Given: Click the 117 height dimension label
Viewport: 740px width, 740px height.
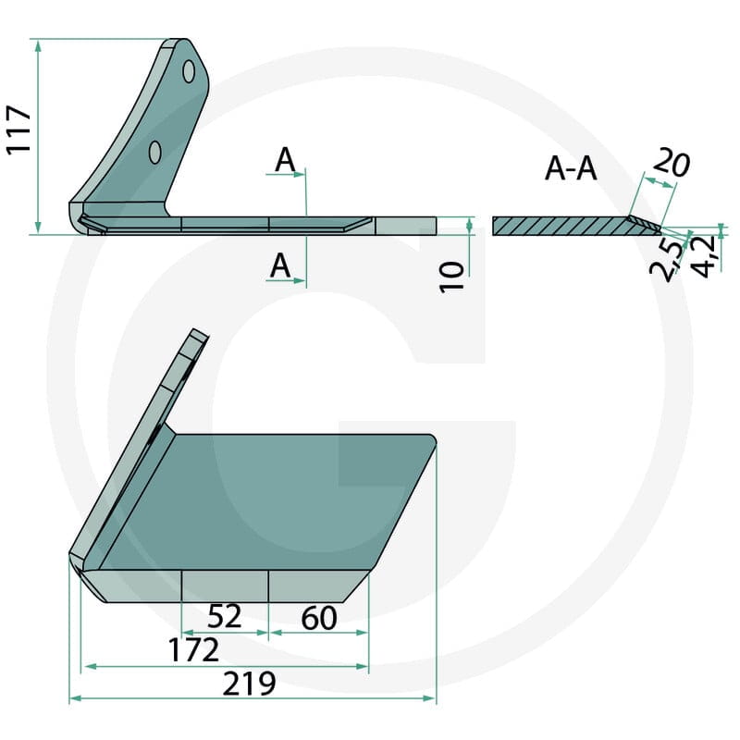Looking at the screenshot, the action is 18,129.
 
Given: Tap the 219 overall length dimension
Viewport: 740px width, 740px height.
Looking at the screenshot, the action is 249,684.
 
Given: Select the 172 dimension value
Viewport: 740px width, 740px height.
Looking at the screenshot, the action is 194,650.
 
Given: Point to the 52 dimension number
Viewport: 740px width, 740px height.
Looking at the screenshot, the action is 225,616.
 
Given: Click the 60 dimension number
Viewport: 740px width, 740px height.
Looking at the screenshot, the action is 319,618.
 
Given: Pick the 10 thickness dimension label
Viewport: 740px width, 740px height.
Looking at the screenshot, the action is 452,277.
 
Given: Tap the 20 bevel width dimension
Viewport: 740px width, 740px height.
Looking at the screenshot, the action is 672,163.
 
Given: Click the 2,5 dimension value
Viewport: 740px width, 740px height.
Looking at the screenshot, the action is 666,260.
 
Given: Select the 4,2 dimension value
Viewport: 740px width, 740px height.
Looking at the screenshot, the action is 703,258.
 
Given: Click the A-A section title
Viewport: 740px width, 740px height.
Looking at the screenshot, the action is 571,169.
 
